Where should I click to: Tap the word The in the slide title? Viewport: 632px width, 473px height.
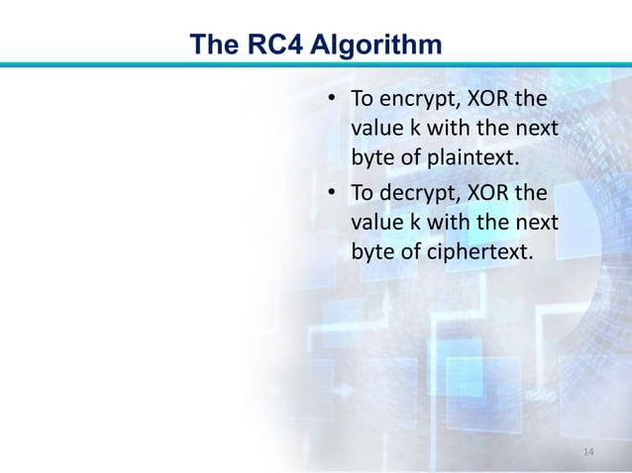(212, 45)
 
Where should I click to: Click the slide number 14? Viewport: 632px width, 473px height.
(589, 453)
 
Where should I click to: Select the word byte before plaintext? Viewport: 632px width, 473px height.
(371, 156)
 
